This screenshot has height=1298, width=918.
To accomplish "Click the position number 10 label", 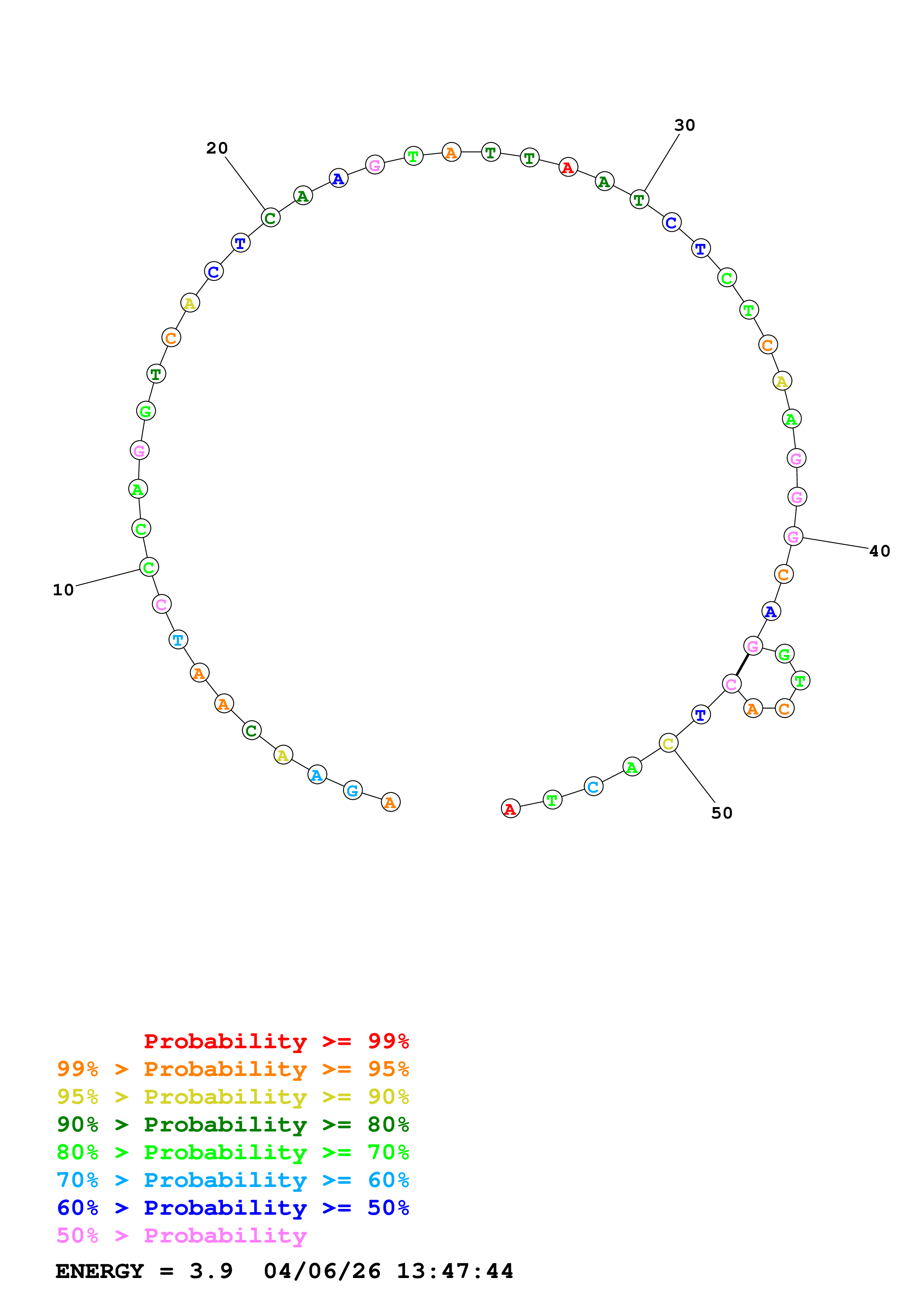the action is click(63, 590).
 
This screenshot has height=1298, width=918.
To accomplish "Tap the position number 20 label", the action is click(217, 148).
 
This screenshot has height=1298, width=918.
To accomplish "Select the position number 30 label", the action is click(684, 125).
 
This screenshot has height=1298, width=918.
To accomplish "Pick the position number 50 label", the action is click(722, 813).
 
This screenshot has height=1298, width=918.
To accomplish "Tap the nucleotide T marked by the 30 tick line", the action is click(639, 199).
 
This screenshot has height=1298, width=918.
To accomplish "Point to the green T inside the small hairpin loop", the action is click(800, 681).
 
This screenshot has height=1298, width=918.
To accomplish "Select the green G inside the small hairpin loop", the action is click(785, 654).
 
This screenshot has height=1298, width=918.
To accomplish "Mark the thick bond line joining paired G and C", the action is click(742, 665).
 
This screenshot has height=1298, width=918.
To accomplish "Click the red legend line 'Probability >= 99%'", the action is click(276, 1041).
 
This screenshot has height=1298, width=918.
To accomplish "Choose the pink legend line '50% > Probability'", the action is click(181, 1236).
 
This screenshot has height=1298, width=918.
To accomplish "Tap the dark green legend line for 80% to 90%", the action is click(233, 1124).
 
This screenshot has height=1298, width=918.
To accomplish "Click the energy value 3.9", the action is click(211, 1271).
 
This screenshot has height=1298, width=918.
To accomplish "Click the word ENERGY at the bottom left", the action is click(100, 1271).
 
